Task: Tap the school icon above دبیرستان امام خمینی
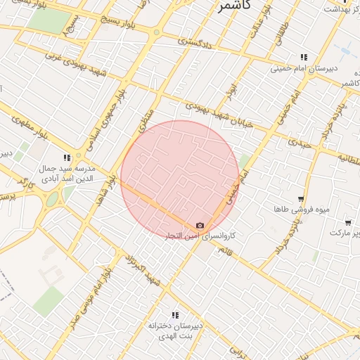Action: (x=304, y=57)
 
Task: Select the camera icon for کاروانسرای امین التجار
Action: (x=200, y=225)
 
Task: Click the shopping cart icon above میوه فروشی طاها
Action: (x=301, y=200)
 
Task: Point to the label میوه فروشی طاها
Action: (x=302, y=210)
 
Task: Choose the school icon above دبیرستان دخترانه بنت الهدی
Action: (x=175, y=315)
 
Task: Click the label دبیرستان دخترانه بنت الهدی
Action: (x=175, y=330)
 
